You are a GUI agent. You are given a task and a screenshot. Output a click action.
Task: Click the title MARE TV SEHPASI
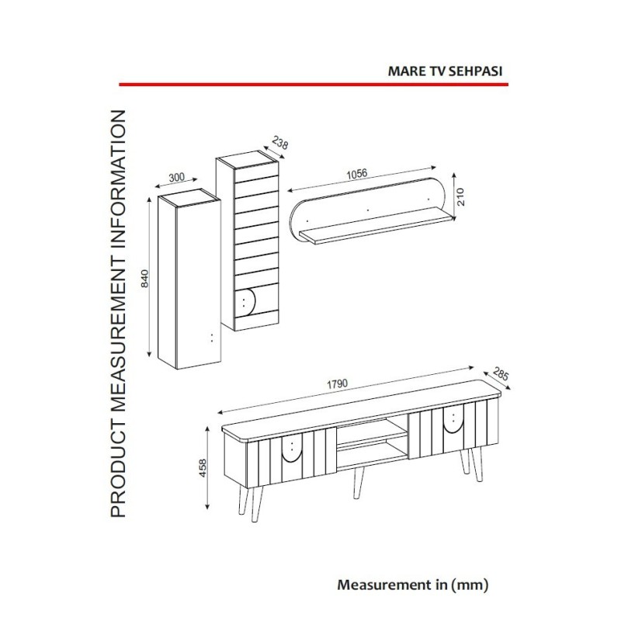(445, 71)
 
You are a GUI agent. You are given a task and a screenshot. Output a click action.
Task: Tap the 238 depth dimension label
(280, 143)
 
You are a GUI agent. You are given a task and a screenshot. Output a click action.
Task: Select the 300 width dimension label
(177, 177)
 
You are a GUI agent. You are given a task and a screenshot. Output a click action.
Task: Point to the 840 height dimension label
(145, 278)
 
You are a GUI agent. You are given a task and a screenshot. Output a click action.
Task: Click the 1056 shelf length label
(357, 174)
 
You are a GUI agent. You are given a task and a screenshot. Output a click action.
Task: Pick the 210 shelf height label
(460, 197)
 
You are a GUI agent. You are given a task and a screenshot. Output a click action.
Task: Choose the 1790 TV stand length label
(338, 383)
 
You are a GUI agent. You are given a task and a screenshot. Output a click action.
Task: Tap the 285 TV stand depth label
(500, 374)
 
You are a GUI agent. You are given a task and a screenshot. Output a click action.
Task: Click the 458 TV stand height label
(203, 468)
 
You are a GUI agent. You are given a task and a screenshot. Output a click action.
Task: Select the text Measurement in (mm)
(413, 585)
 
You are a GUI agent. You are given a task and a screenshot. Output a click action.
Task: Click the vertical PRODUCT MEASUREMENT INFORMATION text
(118, 314)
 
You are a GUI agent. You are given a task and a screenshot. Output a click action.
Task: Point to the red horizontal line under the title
(314, 85)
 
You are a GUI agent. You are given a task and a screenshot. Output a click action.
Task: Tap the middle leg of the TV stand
(359, 483)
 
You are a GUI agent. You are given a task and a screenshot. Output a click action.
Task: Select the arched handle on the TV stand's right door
(453, 422)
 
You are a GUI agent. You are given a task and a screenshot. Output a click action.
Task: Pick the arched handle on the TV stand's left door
(292, 453)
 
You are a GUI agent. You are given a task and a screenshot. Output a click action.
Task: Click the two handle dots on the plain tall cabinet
(212, 338)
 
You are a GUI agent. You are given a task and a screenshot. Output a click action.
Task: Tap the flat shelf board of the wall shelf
(376, 227)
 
